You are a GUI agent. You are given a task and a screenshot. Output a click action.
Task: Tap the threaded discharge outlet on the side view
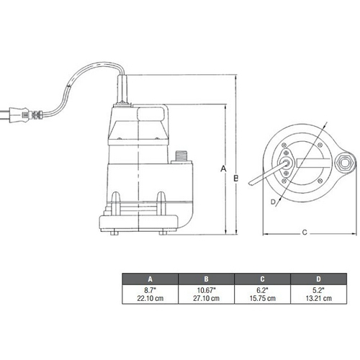[180, 156]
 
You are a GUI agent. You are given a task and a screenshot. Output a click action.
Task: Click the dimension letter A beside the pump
[223, 169]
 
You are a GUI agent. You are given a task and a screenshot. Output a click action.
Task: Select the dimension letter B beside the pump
[236, 178]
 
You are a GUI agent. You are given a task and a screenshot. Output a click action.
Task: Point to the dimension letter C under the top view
[305, 233]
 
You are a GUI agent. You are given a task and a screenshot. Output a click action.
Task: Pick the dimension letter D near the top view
[273, 202]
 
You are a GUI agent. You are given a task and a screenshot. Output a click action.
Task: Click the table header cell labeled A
[150, 279]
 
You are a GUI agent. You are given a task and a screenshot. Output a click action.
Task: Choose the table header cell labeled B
[206, 279]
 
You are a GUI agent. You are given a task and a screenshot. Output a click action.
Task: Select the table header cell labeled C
[262, 279]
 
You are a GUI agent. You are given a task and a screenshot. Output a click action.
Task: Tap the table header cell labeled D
[318, 279]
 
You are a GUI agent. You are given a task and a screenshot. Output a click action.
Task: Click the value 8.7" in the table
[150, 290]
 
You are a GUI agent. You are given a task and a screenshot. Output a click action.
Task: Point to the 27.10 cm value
[206, 299]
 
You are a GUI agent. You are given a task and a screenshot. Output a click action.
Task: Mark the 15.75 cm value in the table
[262, 299]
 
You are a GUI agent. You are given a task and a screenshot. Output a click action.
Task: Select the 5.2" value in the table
[318, 290]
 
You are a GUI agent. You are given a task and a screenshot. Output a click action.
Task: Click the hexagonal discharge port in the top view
[345, 163]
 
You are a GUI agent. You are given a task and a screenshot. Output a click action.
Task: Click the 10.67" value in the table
[206, 290]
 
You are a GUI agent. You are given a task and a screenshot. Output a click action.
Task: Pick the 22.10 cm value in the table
[150, 299]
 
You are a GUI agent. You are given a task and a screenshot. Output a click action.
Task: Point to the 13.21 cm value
[318, 299]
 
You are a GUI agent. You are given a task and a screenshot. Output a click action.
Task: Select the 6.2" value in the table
[262, 290]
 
